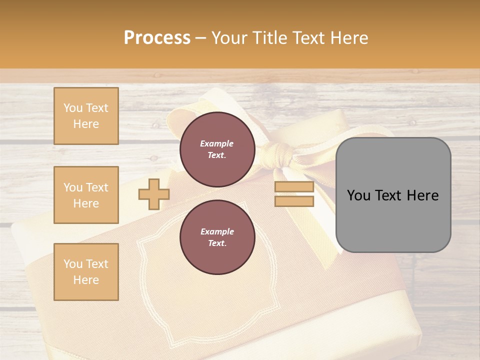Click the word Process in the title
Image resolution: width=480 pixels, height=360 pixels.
click(157, 38)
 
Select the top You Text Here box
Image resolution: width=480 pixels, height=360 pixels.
click(86, 116)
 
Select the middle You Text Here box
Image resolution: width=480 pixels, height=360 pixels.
click(86, 195)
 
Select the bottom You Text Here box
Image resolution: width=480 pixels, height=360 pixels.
click(86, 272)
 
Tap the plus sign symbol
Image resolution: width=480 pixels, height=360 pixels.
click(154, 194)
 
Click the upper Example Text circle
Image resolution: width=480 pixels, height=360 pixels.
click(217, 149)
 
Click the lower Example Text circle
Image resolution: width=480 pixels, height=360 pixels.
click(217, 237)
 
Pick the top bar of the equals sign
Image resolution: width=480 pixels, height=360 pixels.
click(294, 187)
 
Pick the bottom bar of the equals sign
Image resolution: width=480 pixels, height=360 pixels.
click(294, 201)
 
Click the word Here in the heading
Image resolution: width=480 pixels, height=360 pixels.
click(349, 38)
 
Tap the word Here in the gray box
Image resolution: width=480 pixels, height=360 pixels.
click(422, 195)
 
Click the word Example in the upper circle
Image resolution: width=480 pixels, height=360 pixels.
click(217, 143)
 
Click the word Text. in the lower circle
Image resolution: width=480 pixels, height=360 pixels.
click(217, 243)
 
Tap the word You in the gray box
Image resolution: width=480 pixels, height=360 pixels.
click(358, 195)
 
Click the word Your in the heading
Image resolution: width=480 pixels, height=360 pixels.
click(229, 38)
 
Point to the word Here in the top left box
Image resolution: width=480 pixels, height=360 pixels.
click(86, 124)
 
